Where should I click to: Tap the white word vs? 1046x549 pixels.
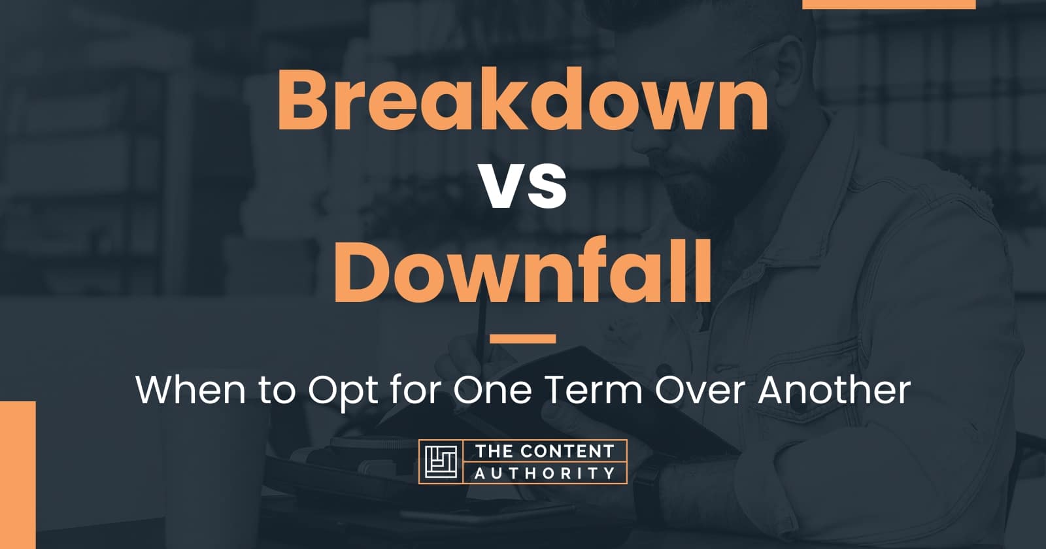pyautogui.click(x=523, y=188)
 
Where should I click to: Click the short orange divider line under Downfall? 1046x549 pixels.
pyautogui.click(x=522, y=339)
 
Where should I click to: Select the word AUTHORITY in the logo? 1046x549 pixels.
pyautogui.click(x=545, y=473)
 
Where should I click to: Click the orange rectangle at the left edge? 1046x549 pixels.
pyautogui.click(x=17, y=474)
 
